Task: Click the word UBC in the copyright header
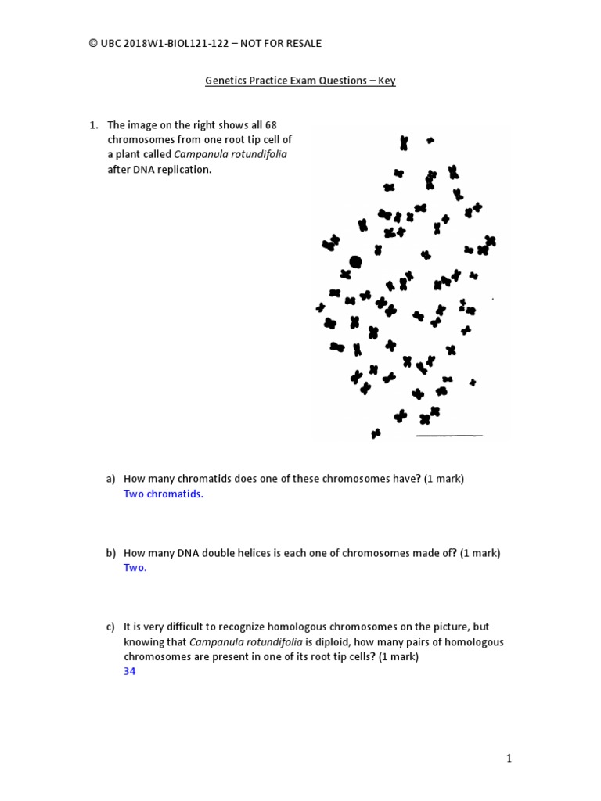point(113,44)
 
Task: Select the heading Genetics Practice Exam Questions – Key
point(300,81)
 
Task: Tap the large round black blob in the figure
point(355,261)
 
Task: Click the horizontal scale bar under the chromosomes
point(449,435)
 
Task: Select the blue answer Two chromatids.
point(163,494)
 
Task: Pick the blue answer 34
point(130,670)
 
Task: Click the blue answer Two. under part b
point(135,568)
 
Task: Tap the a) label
point(111,479)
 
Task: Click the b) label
point(111,553)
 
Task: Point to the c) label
point(111,627)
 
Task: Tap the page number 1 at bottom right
point(509,758)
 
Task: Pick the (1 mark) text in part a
point(444,479)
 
